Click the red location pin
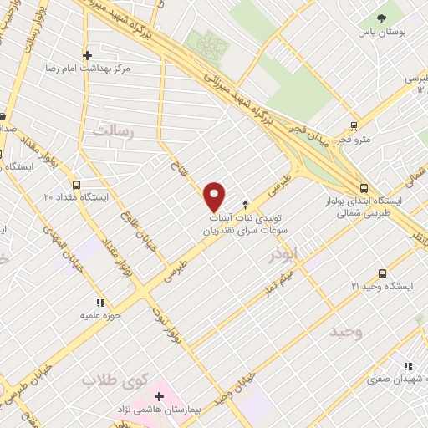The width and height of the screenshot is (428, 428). (x=215, y=196)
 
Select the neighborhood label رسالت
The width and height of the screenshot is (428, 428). (x=115, y=130)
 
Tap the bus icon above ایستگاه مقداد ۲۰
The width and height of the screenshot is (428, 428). (x=77, y=184)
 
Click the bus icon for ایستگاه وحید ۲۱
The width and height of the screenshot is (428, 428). (x=382, y=273)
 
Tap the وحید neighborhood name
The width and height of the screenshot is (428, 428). (x=345, y=332)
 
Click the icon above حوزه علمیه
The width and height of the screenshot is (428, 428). (x=99, y=302)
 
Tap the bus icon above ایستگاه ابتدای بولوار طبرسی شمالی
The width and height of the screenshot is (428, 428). (x=362, y=189)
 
